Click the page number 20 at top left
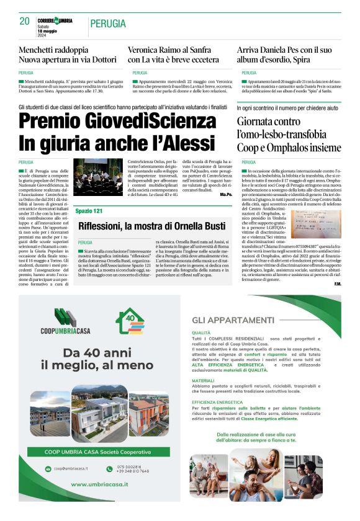pyautogui.click(x=25, y=21)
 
